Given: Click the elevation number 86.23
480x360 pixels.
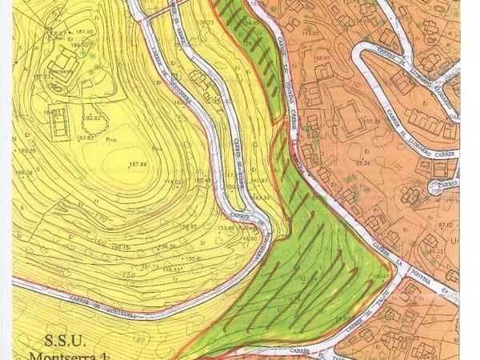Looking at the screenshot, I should coord(435,251).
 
